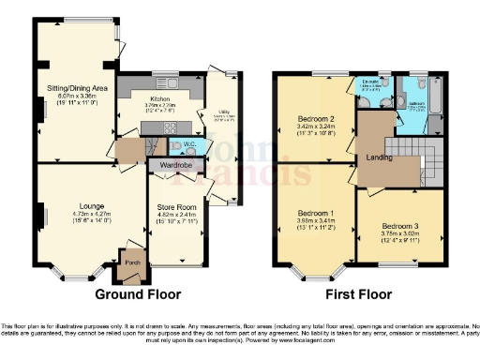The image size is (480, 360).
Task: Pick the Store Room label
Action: tap(178, 208)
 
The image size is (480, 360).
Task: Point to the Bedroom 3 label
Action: tap(401, 227)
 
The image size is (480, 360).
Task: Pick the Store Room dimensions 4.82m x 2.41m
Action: tap(178, 217)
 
